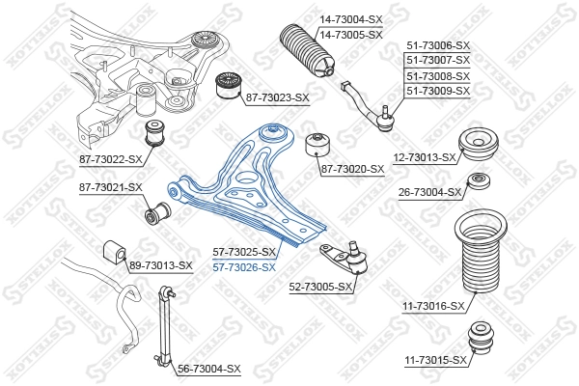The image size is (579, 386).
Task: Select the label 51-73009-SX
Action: tap(438, 91)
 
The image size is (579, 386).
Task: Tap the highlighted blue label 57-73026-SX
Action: tap(244, 267)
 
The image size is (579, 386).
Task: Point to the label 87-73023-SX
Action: tap(277, 97)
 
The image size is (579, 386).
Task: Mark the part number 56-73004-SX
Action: tap(209, 369)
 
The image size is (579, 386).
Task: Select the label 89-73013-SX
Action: tap(161, 264)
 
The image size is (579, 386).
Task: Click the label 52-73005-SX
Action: tap(319, 286)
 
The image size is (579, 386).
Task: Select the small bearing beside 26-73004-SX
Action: tap(476, 183)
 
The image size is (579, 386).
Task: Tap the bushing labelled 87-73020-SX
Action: tap(317, 146)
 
